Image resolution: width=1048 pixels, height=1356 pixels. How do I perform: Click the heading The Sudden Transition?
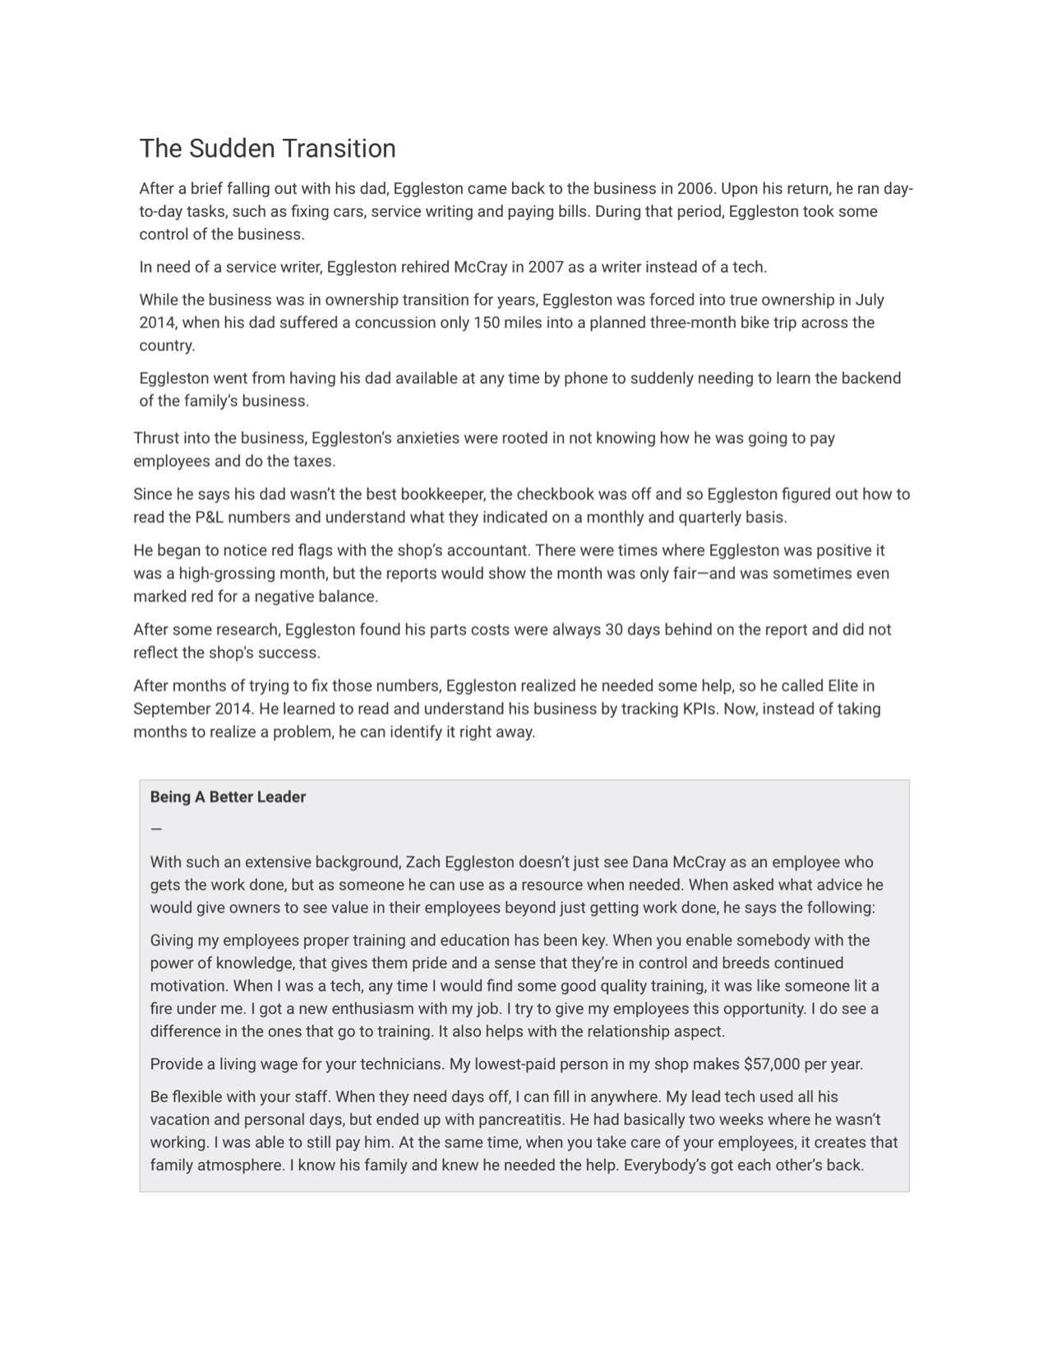267,149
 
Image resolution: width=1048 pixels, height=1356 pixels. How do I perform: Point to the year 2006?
695,188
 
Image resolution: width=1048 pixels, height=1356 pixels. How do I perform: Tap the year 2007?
545,267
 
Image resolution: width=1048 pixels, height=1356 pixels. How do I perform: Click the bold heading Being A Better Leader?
228,797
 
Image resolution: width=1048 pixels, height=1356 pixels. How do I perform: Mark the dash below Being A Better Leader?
156,829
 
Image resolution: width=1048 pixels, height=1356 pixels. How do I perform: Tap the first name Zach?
423,862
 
